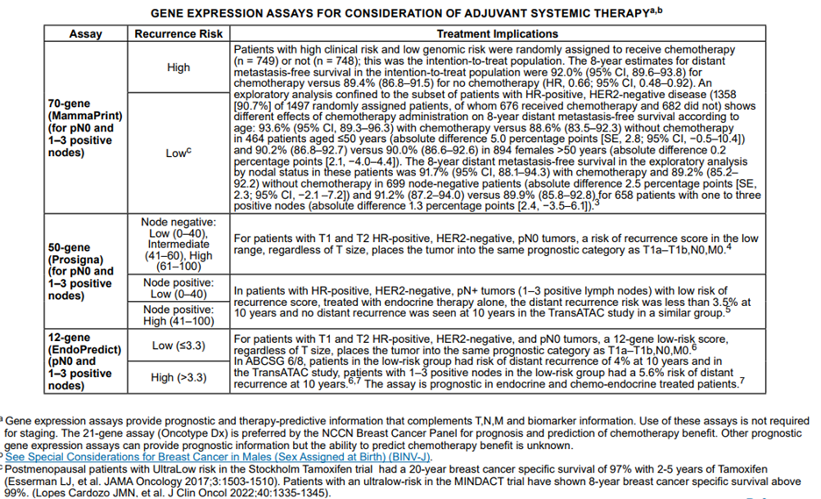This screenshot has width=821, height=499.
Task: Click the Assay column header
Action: [85, 34]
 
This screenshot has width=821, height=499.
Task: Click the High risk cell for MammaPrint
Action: [178, 68]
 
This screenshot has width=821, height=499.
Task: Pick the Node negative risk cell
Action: [178, 245]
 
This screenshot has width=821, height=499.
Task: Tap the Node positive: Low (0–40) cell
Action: [178, 289]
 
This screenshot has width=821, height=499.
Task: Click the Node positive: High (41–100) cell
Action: [178, 316]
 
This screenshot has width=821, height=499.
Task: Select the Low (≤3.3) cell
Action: [178, 346]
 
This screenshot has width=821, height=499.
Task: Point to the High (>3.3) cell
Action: [178, 378]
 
